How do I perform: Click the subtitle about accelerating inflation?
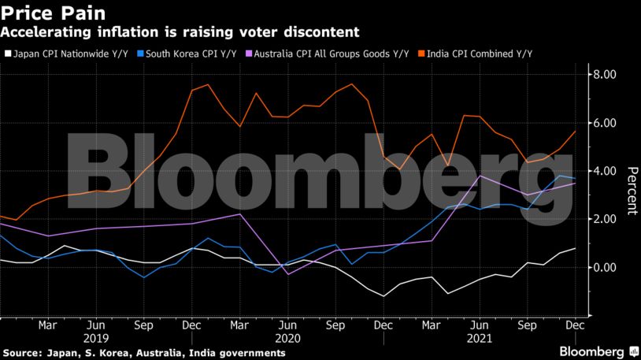tap(180, 32)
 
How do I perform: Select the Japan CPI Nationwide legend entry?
tap(71, 54)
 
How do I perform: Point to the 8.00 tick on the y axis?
tap(606, 75)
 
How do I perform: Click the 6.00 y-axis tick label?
tap(606, 123)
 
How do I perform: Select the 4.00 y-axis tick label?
tap(606, 171)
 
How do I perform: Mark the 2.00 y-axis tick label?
tap(606, 219)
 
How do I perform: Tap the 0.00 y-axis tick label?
tap(606, 267)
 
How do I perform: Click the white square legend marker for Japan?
tap(7, 54)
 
